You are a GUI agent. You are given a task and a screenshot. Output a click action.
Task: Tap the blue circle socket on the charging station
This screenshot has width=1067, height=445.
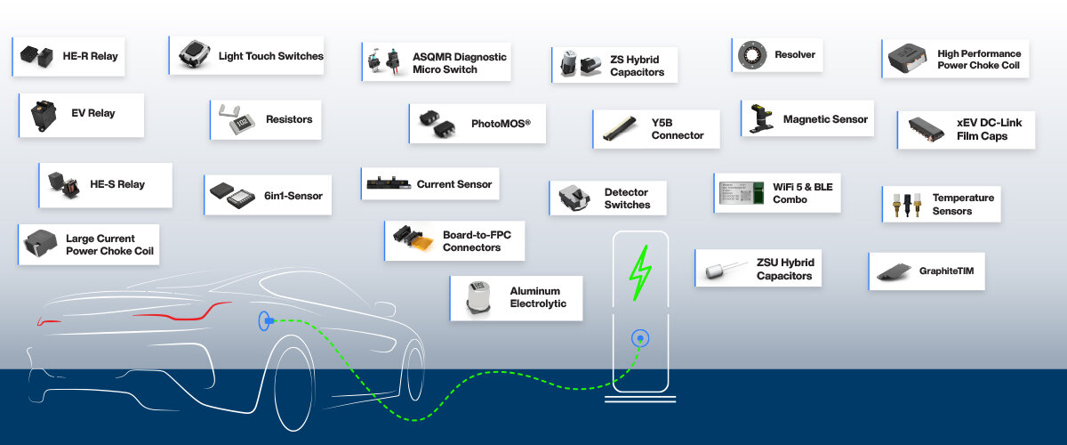[x=638, y=338]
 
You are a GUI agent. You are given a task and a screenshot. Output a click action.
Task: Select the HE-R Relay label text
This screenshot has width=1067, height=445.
[x=90, y=56]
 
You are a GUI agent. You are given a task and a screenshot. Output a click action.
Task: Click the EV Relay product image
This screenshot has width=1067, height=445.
[x=41, y=114]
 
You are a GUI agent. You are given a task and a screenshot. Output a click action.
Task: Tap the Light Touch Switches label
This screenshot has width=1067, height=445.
[x=270, y=56]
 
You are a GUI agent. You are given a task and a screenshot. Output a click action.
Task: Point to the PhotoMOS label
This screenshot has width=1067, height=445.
[x=501, y=124]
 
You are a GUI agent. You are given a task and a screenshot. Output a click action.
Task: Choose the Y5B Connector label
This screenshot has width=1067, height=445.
[x=677, y=129]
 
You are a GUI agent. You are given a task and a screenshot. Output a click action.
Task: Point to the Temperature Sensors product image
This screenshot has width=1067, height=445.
[x=904, y=205]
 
